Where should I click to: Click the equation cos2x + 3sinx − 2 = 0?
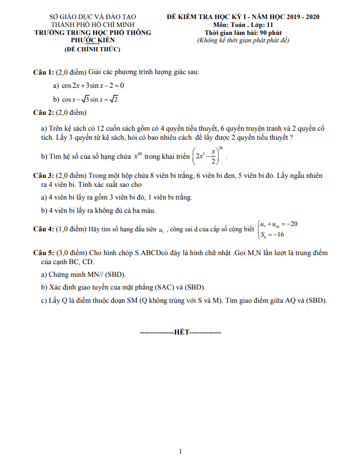tap(93, 85)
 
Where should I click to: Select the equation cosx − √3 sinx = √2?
tap(89, 99)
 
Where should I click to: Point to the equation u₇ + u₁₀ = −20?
tap(278, 224)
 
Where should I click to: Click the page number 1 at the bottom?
tap(181, 451)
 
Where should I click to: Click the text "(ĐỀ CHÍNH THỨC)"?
tap(93, 49)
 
